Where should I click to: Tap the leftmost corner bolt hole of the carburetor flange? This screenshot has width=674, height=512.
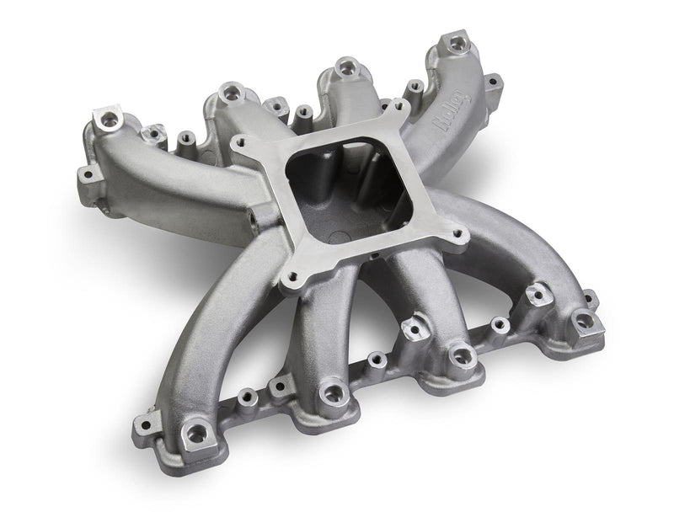243,144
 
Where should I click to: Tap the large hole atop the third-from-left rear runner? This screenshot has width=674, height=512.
343,66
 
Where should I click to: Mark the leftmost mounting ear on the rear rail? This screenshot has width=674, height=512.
85,175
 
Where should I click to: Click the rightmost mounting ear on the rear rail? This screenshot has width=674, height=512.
494,82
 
